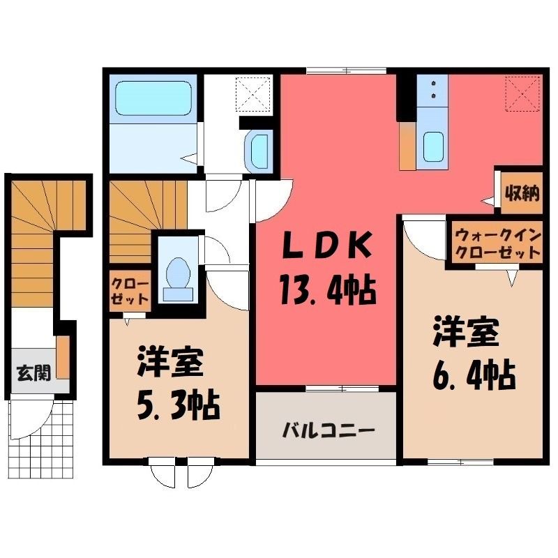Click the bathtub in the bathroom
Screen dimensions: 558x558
(153, 98)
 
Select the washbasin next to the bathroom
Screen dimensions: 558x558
(259, 151)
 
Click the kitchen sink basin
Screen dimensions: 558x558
(433, 146)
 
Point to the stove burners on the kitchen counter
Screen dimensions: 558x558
(433, 89)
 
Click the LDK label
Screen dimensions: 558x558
(326, 245)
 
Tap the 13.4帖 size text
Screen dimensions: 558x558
(328, 291)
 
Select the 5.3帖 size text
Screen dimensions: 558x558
(178, 406)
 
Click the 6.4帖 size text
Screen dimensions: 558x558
(474, 375)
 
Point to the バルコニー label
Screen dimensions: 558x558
(329, 430)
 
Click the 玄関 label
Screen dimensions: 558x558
(34, 373)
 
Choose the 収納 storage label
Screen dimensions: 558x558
(522, 194)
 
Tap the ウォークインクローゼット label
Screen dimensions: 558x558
(498, 245)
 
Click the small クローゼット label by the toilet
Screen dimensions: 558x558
(129, 292)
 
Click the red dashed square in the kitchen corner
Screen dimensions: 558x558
(522, 93)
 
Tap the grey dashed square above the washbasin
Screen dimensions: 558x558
(253, 94)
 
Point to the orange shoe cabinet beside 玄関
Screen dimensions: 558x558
(63, 357)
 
